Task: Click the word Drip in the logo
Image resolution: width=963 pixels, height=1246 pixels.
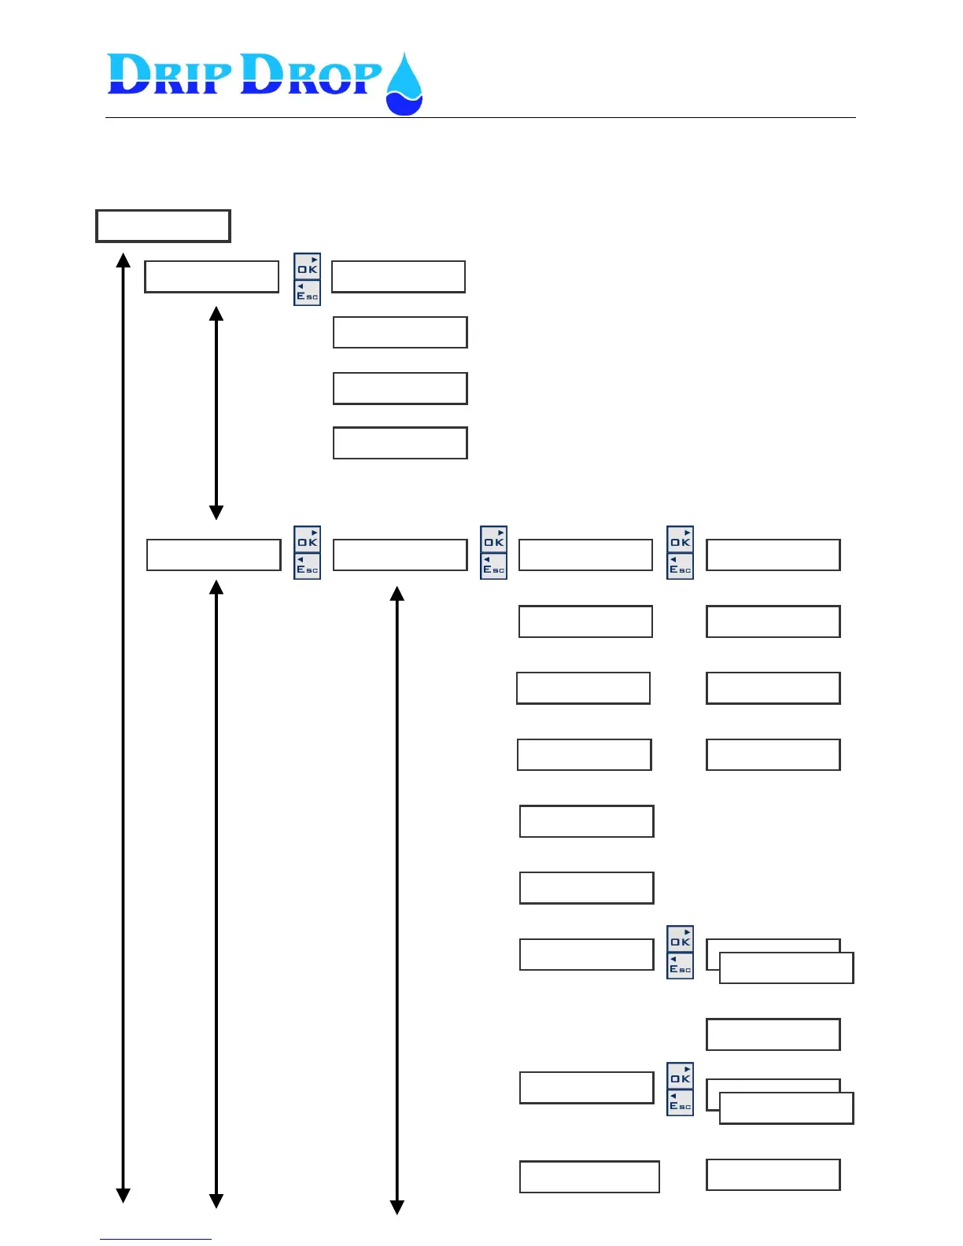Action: click(x=169, y=76)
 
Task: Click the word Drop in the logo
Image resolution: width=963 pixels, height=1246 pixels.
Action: click(x=310, y=76)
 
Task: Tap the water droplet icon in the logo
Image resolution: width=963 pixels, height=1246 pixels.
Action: click(x=404, y=85)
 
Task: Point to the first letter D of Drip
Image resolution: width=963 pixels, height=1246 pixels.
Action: click(x=128, y=76)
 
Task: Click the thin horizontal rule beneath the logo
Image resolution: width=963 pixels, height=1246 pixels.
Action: click(x=480, y=118)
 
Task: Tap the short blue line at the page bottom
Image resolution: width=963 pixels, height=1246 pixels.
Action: click(x=155, y=1239)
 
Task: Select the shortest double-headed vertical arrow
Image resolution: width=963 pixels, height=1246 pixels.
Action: click(x=216, y=413)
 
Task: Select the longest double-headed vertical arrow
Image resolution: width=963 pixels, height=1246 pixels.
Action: click(x=123, y=728)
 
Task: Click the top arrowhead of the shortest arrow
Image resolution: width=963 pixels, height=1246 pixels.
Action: click(x=216, y=313)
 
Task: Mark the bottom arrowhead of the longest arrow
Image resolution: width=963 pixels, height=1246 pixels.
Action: click(x=123, y=1196)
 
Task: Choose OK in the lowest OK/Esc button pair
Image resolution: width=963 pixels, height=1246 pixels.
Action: click(x=681, y=1076)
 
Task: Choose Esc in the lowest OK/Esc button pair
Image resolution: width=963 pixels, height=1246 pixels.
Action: click(x=681, y=1104)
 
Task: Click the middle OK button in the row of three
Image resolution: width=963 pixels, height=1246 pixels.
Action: click(x=494, y=540)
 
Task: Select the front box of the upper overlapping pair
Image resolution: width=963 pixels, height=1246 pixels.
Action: click(x=786, y=968)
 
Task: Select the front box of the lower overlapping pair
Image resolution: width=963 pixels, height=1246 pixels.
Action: click(x=786, y=1108)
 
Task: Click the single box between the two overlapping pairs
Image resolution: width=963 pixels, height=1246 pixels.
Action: click(x=773, y=1034)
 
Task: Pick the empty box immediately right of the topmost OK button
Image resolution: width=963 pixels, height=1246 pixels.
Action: click(x=398, y=277)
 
